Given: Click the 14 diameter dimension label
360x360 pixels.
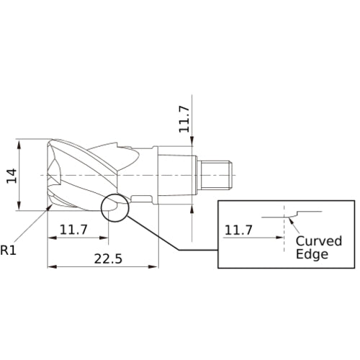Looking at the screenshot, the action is click(x=12, y=176).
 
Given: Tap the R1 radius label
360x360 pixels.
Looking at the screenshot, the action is click(x=9, y=250).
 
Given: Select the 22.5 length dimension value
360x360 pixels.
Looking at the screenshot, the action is click(x=108, y=258).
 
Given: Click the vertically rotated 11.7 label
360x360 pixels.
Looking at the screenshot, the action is click(x=184, y=120).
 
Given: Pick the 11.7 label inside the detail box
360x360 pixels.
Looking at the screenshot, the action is click(x=238, y=230).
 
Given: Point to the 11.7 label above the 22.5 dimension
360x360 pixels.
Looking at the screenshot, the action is click(x=73, y=230).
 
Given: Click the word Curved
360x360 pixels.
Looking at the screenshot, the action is click(x=319, y=240).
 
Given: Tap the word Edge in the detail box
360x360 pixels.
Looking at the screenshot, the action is click(x=312, y=254).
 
